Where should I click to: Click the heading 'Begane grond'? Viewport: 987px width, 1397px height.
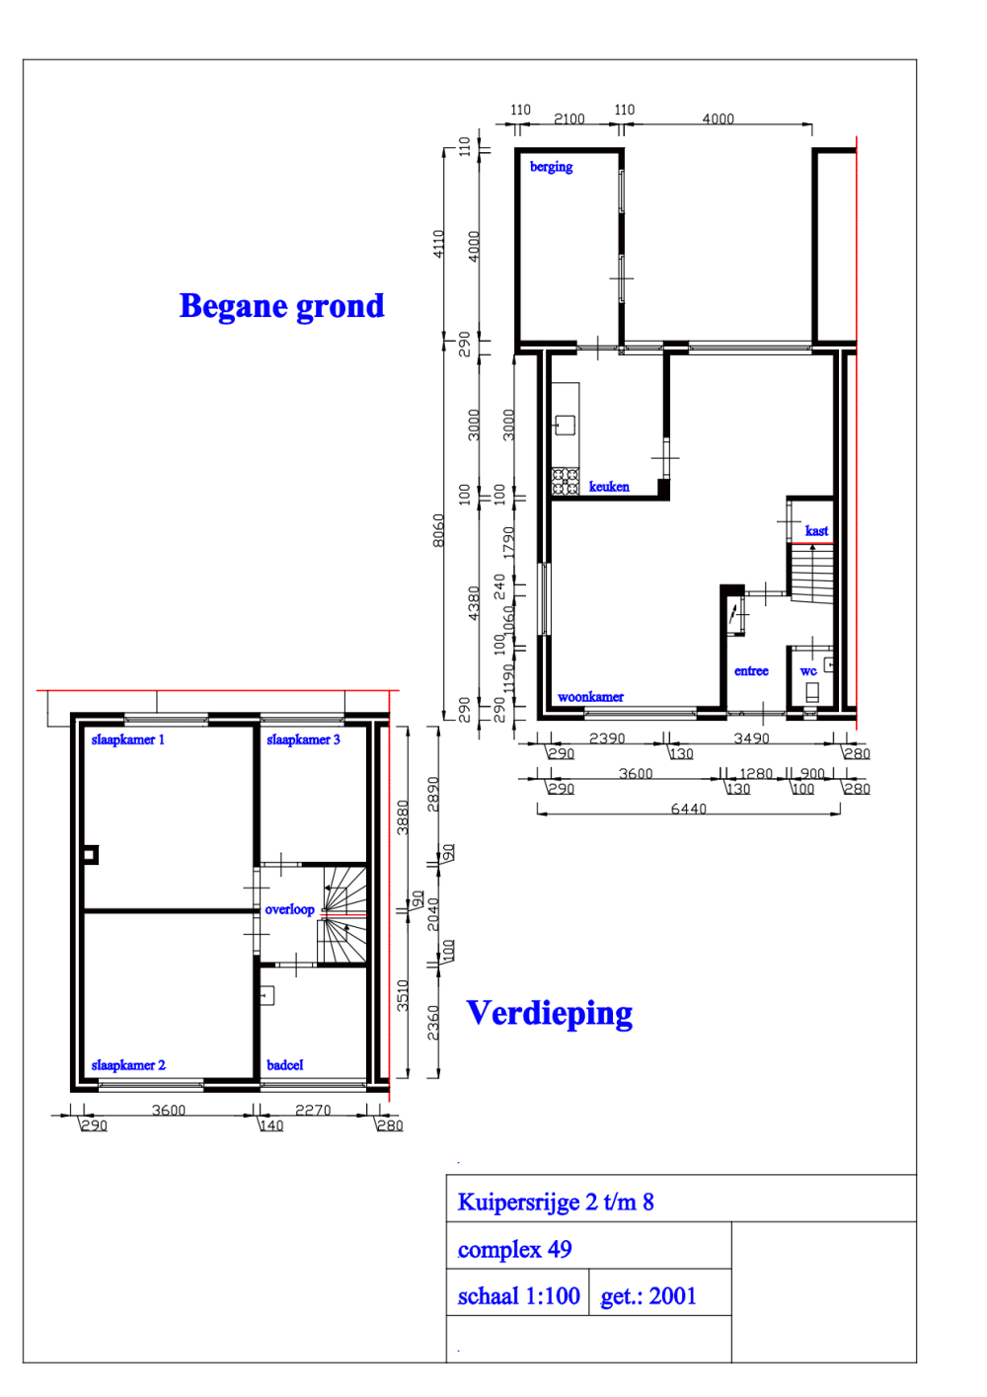click(x=281, y=306)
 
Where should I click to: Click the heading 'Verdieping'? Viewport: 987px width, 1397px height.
click(x=550, y=1014)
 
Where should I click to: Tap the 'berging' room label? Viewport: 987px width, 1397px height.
click(x=551, y=167)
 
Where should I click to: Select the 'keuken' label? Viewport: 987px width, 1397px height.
click(x=609, y=487)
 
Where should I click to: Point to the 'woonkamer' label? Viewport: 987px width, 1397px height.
click(x=590, y=697)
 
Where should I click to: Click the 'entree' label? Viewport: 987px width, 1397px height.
click(x=751, y=671)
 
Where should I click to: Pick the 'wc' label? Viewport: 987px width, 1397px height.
click(x=808, y=671)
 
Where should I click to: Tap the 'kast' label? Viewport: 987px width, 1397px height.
click(x=816, y=531)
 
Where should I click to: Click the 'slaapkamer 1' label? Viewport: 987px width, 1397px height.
click(x=128, y=739)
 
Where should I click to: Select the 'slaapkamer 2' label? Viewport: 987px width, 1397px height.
click(x=128, y=1065)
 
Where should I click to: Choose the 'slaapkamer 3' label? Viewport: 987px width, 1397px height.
click(x=303, y=739)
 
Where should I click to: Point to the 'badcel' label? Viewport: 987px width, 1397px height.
click(x=284, y=1065)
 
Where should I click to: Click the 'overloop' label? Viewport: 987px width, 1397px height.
click(x=289, y=909)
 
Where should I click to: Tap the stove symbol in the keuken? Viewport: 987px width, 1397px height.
click(x=565, y=481)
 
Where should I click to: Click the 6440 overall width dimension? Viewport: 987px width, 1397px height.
click(x=688, y=809)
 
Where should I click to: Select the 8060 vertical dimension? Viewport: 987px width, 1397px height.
click(x=438, y=529)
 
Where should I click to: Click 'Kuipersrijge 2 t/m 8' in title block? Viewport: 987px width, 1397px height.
click(x=556, y=1202)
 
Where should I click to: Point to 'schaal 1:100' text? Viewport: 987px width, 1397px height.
click(x=518, y=1296)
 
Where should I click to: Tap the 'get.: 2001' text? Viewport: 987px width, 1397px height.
click(x=648, y=1296)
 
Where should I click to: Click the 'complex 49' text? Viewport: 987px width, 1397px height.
click(x=514, y=1249)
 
